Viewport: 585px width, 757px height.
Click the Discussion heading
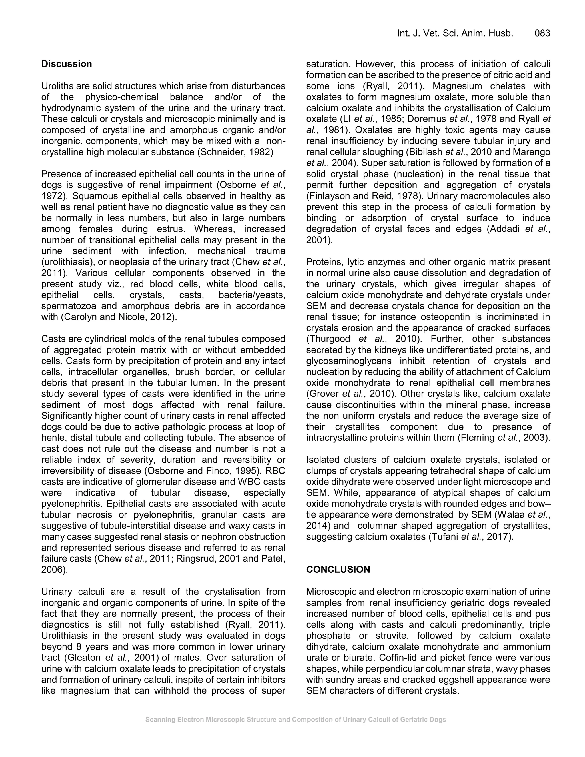[x=67, y=64]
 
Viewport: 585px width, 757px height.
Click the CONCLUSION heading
[x=338, y=570]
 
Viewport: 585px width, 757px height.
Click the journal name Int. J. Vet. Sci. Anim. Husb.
[x=455, y=33]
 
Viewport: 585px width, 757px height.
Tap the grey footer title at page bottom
[x=295, y=720]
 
